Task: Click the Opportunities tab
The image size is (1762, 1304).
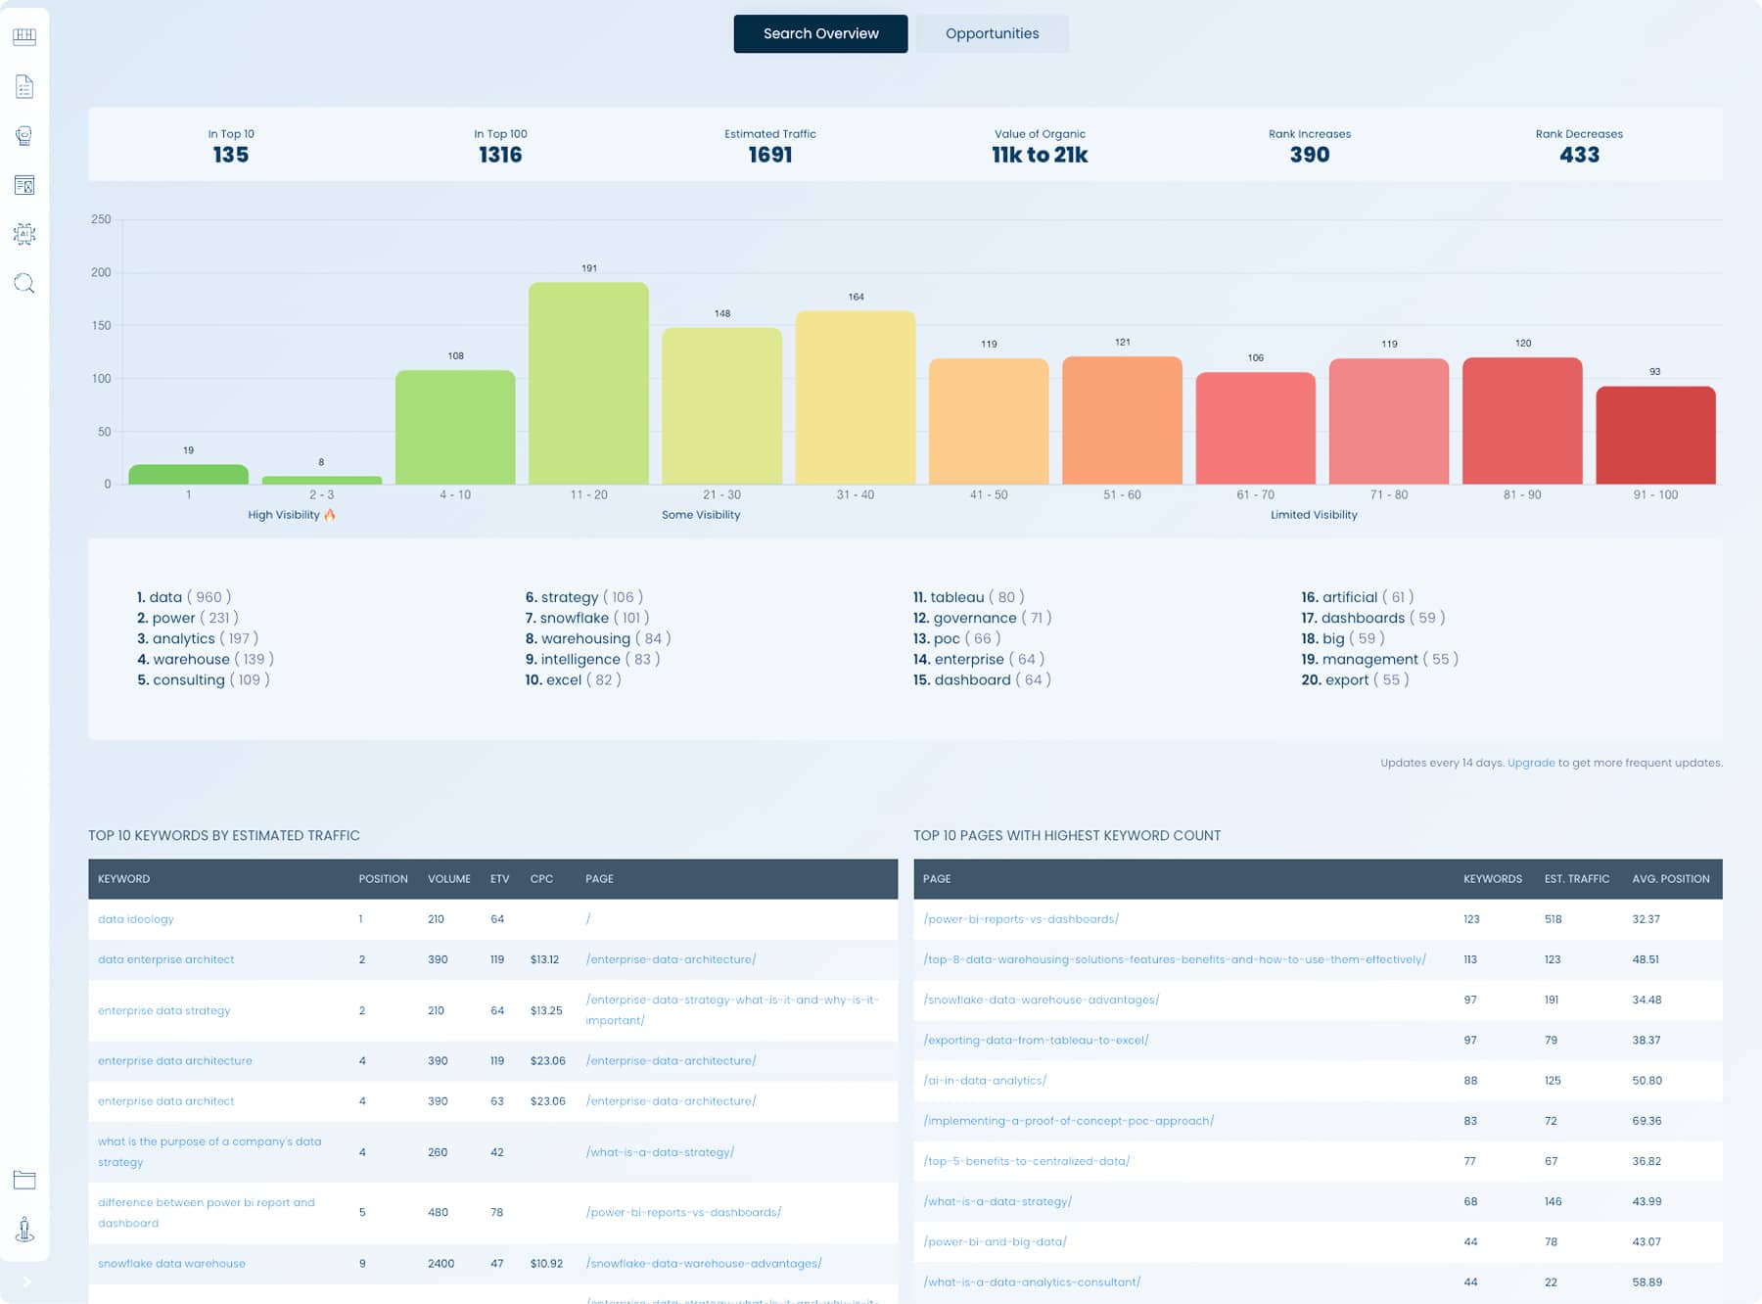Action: (x=992, y=33)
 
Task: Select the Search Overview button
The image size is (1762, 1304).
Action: (x=820, y=33)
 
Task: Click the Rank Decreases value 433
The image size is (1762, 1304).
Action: (x=1578, y=155)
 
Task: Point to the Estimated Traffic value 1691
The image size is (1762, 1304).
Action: (x=769, y=155)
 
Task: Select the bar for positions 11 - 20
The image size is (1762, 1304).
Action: (x=588, y=384)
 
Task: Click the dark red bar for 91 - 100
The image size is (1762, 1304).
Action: (x=1654, y=436)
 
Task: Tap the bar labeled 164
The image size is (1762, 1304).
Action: (x=855, y=397)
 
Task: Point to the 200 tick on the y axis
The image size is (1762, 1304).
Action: (x=101, y=272)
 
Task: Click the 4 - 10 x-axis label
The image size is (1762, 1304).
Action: (x=455, y=494)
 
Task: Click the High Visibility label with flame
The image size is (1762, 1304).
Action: (x=291, y=515)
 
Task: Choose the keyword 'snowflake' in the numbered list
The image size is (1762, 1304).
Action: (x=574, y=618)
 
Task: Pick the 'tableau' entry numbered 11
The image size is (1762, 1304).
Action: (x=956, y=597)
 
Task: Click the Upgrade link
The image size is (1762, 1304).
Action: (x=1530, y=763)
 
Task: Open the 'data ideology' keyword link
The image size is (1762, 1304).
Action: (x=136, y=919)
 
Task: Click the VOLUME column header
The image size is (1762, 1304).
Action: (x=448, y=879)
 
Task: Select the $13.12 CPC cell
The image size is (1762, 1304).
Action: (x=544, y=959)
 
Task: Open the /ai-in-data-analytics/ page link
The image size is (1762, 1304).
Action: (x=985, y=1081)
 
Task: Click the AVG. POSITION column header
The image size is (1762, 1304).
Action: (x=1670, y=879)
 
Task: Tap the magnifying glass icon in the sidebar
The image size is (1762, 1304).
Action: (x=24, y=284)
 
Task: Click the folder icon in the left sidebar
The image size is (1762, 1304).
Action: (x=24, y=1180)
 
